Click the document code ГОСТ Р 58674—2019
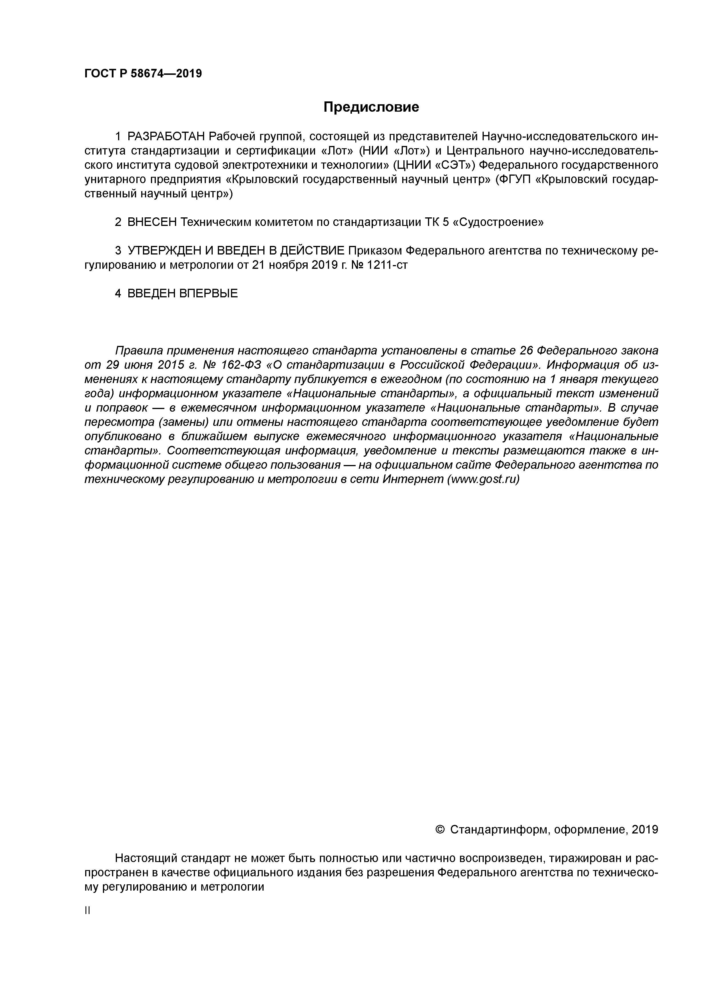pyautogui.click(x=143, y=73)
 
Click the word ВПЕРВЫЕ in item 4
pyautogui.click(x=208, y=293)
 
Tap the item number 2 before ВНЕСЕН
pyautogui.click(x=118, y=222)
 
